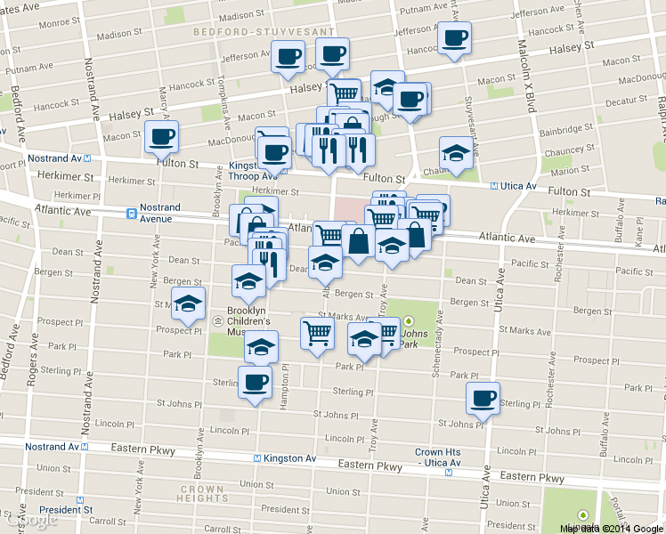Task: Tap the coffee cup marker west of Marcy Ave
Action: (161, 136)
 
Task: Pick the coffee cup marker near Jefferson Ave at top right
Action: (454, 37)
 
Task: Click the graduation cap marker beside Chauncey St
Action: (456, 152)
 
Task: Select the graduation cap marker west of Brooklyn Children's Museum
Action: (189, 303)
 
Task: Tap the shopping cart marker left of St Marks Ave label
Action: (318, 333)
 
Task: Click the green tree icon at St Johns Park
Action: (409, 321)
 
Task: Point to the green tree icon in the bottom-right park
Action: (583, 514)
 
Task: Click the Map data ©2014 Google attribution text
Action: (611, 528)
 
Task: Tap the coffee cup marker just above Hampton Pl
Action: (256, 383)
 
